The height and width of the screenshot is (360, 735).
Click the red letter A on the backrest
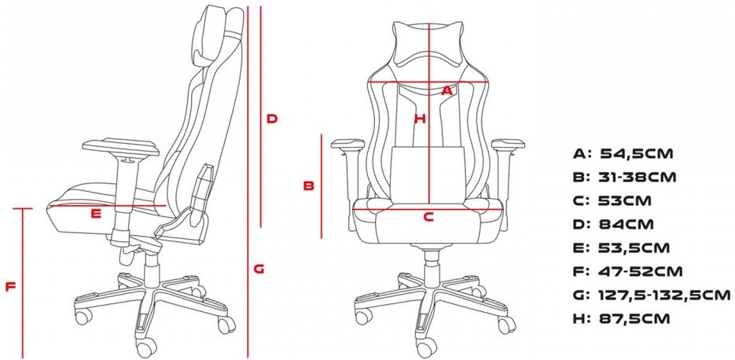[x=447, y=90]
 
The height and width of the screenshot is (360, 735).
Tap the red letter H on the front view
[x=420, y=119]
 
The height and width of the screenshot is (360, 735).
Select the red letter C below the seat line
[x=429, y=217]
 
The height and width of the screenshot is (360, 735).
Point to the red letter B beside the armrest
[x=308, y=186]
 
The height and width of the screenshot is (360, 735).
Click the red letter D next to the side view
[x=272, y=119]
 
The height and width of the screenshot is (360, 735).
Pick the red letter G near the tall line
[x=259, y=269]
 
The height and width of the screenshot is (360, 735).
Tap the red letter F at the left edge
[x=11, y=286]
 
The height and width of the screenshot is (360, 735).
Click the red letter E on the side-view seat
[x=96, y=214]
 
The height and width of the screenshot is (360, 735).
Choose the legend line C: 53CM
[x=612, y=200]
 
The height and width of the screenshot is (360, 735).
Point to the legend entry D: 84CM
[x=613, y=224]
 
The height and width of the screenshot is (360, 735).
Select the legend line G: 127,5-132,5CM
[x=652, y=295]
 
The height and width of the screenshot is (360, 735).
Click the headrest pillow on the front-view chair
[x=428, y=43]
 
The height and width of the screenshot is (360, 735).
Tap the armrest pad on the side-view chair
[x=120, y=147]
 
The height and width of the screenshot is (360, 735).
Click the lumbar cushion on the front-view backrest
[x=427, y=174]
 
